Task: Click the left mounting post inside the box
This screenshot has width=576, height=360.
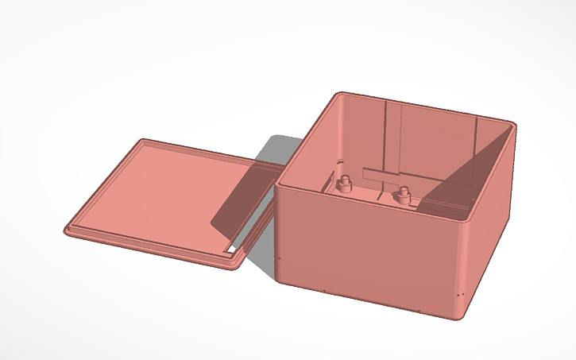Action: click(345, 184)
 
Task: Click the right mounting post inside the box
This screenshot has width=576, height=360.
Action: click(404, 192)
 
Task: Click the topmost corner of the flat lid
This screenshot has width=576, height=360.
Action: click(144, 141)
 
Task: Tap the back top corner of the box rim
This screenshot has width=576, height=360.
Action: click(340, 93)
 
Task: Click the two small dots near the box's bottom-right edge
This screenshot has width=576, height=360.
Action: click(459, 296)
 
